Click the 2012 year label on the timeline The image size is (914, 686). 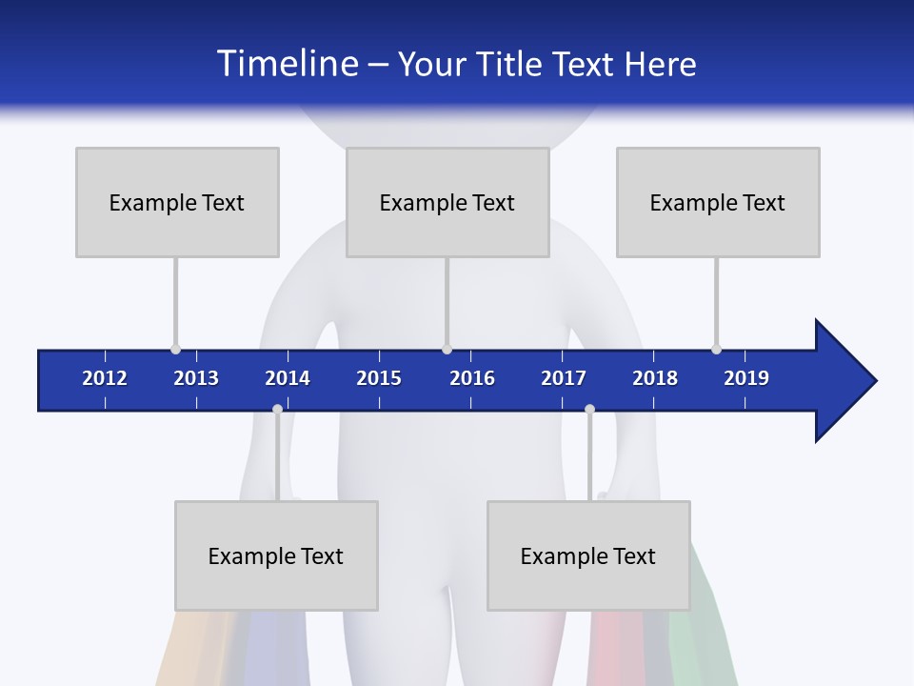[105, 378]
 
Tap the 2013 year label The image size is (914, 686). [196, 378]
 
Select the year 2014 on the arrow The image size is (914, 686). [288, 378]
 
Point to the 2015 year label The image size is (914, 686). [379, 378]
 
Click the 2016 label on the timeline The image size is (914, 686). [472, 378]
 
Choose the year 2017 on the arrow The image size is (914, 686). [564, 378]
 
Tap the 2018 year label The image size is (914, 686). [655, 378]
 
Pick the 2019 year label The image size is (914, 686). [746, 378]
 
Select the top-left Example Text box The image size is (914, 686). [177, 202]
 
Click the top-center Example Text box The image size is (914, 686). [447, 202]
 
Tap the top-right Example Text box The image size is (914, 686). [718, 202]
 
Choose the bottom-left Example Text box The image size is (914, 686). [276, 555]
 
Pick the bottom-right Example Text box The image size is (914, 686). [588, 555]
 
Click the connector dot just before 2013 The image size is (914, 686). [175, 349]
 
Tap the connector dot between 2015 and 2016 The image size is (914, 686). [447, 349]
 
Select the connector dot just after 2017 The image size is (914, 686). [589, 409]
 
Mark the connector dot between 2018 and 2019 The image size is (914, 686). [716, 349]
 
